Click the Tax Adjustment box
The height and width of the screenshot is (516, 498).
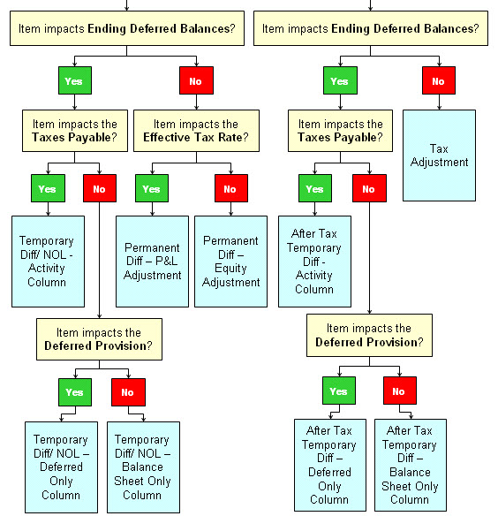[439, 155]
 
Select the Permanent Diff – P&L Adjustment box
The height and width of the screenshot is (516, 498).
[152, 261]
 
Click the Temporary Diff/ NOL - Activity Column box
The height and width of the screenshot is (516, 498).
[47, 261]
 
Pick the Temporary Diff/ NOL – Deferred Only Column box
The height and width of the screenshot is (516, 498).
[60, 467]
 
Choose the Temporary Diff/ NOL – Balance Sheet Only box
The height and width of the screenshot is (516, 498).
[142, 467]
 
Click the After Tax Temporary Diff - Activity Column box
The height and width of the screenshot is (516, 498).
[314, 261]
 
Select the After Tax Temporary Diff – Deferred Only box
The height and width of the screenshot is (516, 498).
[328, 464]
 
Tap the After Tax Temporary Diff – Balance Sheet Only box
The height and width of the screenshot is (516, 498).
[410, 464]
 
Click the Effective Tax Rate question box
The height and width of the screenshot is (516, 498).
[195, 131]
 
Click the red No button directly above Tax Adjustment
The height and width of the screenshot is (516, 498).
[438, 81]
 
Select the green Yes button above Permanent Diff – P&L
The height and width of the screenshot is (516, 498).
[151, 188]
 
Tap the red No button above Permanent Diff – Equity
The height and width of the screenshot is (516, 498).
[230, 188]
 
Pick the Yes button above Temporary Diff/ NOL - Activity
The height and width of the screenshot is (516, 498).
[47, 188]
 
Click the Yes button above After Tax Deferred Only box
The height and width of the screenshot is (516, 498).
[339, 391]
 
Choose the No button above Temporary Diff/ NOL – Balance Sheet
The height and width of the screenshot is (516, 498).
[127, 391]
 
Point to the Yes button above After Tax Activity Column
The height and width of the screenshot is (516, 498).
[313, 188]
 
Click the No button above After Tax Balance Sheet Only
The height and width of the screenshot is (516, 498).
[398, 391]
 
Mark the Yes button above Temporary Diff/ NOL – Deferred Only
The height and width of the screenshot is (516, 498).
[74, 391]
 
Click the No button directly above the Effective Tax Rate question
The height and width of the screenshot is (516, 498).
[196, 81]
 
